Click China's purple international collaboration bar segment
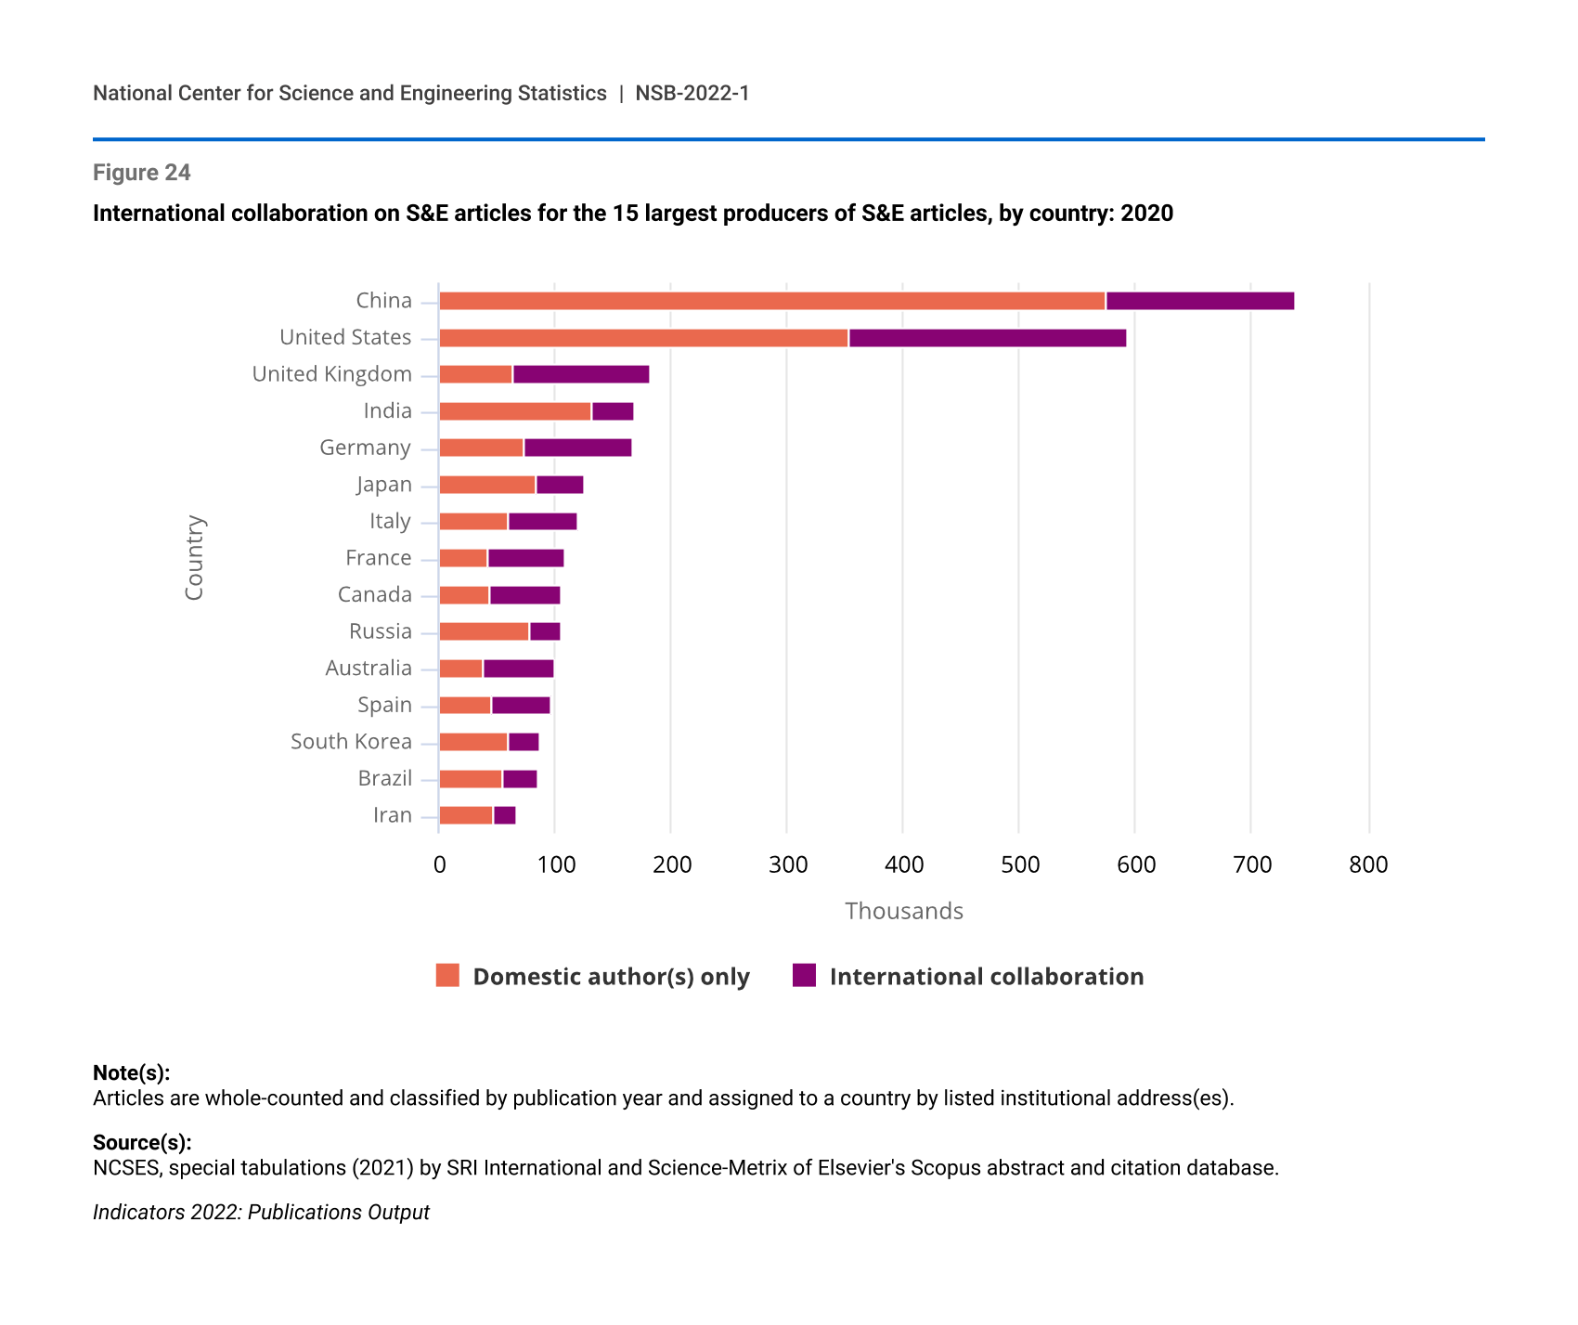pyautogui.click(x=1199, y=301)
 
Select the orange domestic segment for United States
pyautogui.click(x=643, y=338)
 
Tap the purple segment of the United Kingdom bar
pyautogui.click(x=581, y=374)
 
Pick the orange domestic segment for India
pyautogui.click(x=514, y=411)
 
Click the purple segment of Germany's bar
pyautogui.click(x=577, y=448)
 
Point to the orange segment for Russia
pyautogui.click(x=484, y=631)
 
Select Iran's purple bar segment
pyautogui.click(x=504, y=815)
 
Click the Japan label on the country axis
pyautogui.click(x=383, y=485)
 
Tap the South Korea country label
pyautogui.click(x=351, y=742)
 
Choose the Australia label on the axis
pyautogui.click(x=368, y=669)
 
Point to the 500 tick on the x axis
pyautogui.click(x=1019, y=865)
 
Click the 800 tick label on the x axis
pyautogui.click(x=1368, y=865)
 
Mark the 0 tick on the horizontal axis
pyautogui.click(x=439, y=865)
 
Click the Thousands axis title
pyautogui.click(x=903, y=911)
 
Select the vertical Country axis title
pyautogui.click(x=194, y=558)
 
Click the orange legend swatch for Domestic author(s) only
pyautogui.click(x=447, y=976)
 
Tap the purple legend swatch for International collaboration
pyautogui.click(x=804, y=976)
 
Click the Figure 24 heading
pyautogui.click(x=142, y=173)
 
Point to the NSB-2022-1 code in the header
pyautogui.click(x=692, y=93)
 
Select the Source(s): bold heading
pyautogui.click(x=142, y=1142)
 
